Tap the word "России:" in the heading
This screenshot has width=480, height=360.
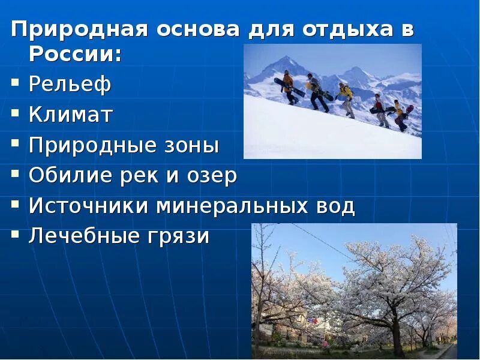tap(74, 55)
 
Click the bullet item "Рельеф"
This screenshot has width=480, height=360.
tap(70, 85)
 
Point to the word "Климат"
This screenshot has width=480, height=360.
tap(71, 115)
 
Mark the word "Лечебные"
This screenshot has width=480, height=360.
tap(83, 236)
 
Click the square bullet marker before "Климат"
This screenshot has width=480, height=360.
tap(16, 114)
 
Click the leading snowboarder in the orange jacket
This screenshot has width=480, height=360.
tap(289, 86)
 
